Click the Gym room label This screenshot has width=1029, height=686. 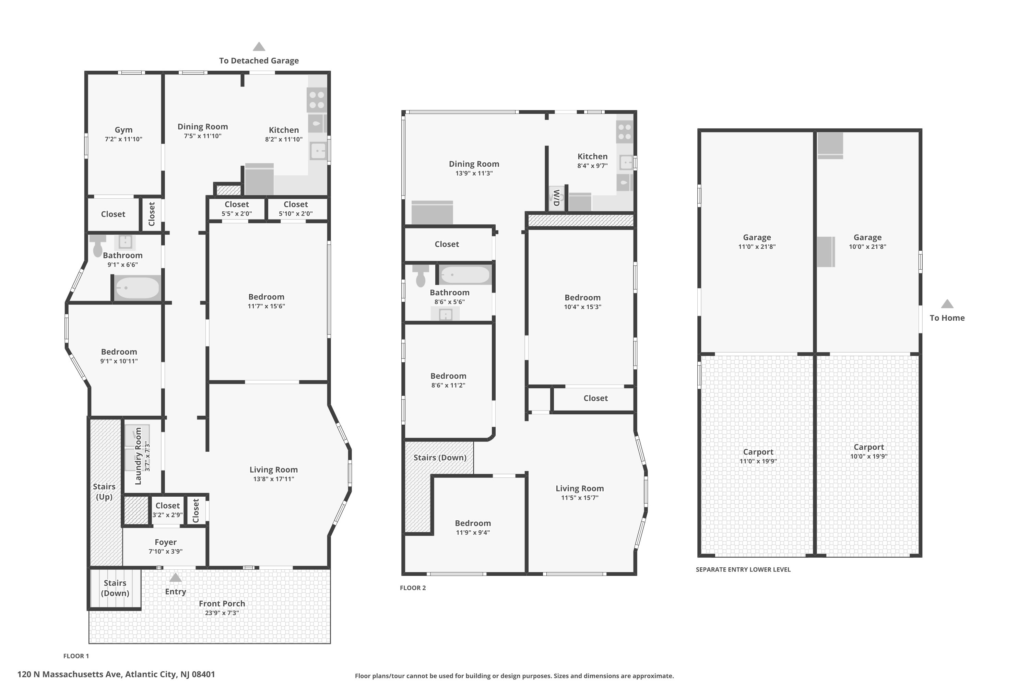pyautogui.click(x=124, y=130)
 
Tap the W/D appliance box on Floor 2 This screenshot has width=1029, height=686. pyautogui.click(x=556, y=198)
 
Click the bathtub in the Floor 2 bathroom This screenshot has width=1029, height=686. pyautogui.click(x=465, y=275)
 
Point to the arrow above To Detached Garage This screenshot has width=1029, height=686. pyautogui.click(x=259, y=47)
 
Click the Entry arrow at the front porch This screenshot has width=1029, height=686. pyautogui.click(x=175, y=578)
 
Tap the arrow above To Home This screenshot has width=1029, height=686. pyautogui.click(x=947, y=304)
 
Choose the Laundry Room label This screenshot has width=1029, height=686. pyautogui.click(x=138, y=456)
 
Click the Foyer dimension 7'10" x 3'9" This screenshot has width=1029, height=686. pyautogui.click(x=165, y=552)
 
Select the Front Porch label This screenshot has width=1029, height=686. pyautogui.click(x=222, y=604)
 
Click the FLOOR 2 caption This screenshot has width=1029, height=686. pyautogui.click(x=413, y=588)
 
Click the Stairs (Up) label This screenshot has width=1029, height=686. pyautogui.click(x=104, y=492)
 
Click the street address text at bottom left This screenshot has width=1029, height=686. pyautogui.click(x=116, y=674)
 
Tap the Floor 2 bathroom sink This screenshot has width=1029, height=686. pyautogui.click(x=445, y=314)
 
